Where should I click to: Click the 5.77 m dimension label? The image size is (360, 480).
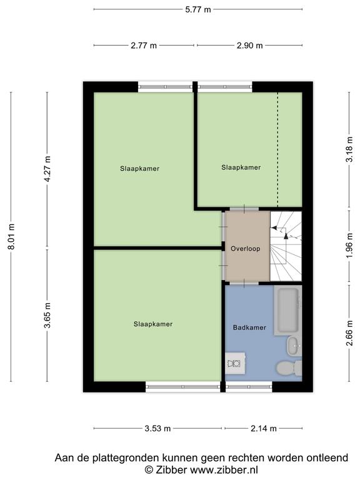197,9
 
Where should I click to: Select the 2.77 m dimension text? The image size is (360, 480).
144,46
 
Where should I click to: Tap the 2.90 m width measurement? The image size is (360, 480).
250,46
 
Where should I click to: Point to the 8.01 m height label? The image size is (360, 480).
11,237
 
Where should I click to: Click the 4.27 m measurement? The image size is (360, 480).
47,169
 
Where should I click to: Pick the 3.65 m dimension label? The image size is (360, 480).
47,315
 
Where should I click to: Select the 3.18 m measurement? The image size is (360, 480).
349,149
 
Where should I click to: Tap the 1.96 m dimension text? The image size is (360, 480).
349,246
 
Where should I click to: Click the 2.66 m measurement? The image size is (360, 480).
349,333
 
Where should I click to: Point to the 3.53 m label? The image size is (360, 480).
157,428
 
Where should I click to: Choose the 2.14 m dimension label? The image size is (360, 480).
264,428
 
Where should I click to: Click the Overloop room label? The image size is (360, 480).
246,249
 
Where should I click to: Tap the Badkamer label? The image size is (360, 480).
249,327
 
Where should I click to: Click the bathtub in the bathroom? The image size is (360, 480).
287,310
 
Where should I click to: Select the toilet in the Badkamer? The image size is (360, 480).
289,367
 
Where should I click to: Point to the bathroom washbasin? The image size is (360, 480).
294,346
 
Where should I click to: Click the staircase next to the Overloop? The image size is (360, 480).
286,246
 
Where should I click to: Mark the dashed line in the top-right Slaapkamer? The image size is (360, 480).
277,149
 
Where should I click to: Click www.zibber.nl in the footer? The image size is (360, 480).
224,469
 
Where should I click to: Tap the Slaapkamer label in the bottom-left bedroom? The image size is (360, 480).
153,324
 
